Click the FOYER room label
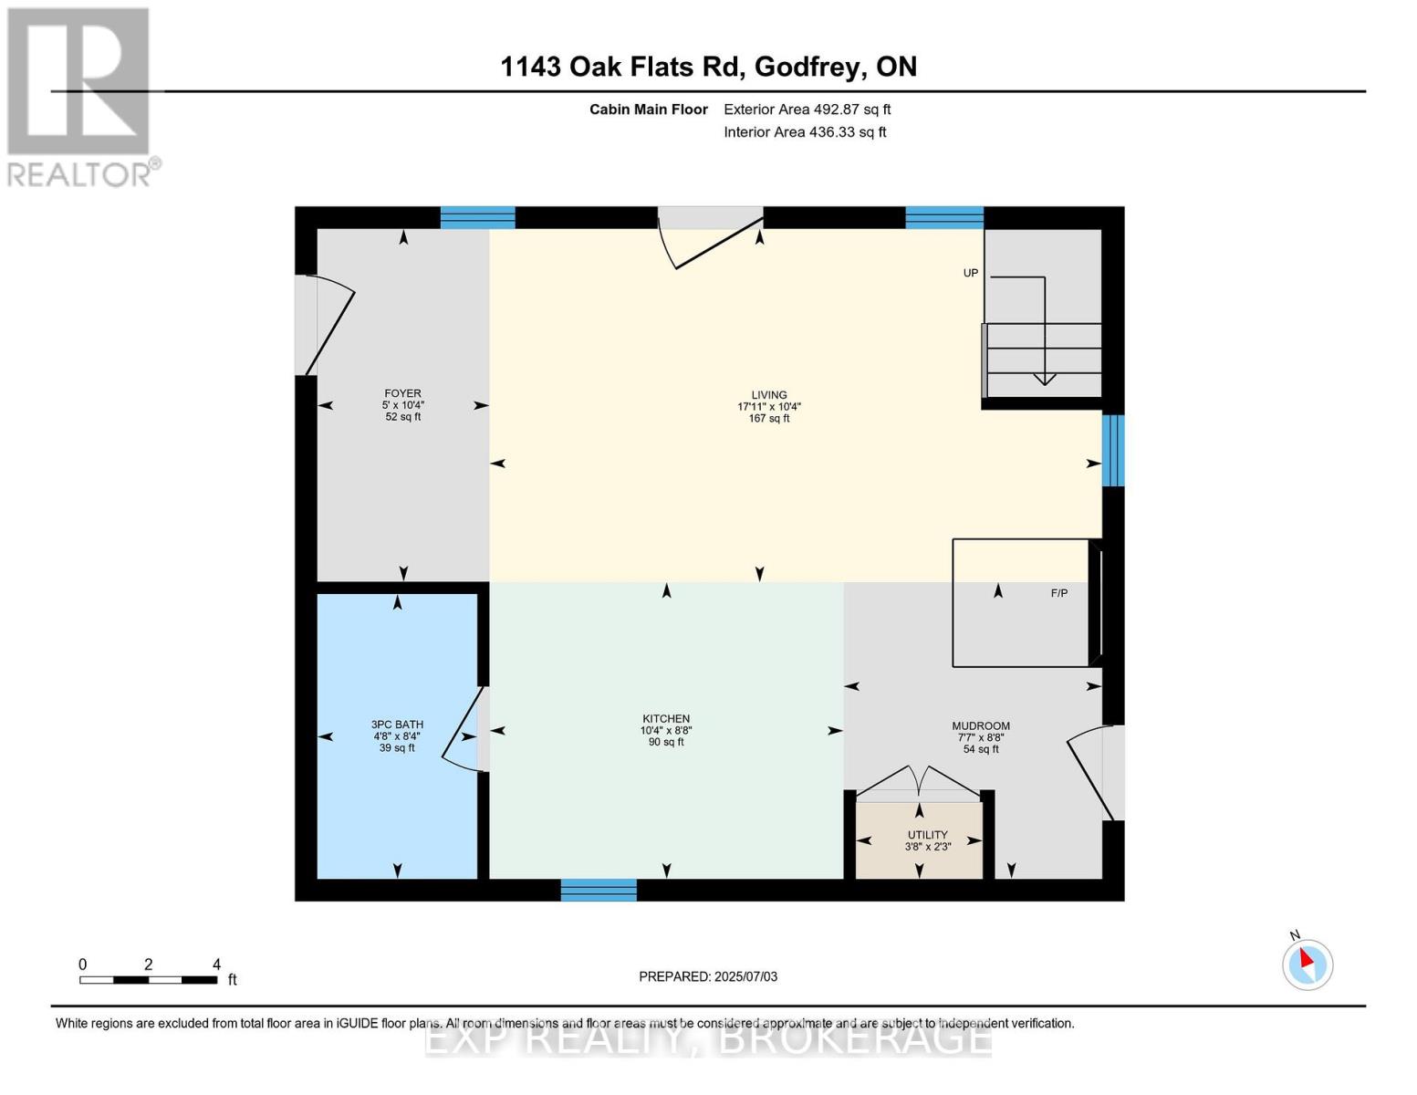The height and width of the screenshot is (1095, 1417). pyautogui.click(x=402, y=393)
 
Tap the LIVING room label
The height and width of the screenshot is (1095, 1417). pyautogui.click(x=768, y=395)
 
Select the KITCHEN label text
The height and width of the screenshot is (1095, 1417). pyautogui.click(x=666, y=719)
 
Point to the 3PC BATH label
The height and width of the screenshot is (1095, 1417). pyautogui.click(x=397, y=725)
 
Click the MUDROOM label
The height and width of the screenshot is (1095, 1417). pyautogui.click(x=981, y=726)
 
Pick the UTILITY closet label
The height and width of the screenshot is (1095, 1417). pyautogui.click(x=927, y=835)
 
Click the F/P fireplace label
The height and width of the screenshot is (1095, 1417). pyautogui.click(x=1058, y=593)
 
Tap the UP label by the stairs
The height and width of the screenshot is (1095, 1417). pyautogui.click(x=971, y=273)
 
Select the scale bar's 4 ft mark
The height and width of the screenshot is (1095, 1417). pyautogui.click(x=216, y=965)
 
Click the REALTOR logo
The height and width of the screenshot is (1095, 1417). pyautogui.click(x=80, y=96)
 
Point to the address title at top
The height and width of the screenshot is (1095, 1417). pyautogui.click(x=709, y=67)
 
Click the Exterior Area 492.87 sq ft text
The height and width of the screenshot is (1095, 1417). pyautogui.click(x=807, y=109)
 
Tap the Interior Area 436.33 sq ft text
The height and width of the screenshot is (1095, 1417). pyautogui.click(x=805, y=132)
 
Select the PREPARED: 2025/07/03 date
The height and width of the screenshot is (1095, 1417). pyautogui.click(x=708, y=976)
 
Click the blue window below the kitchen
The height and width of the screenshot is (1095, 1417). pyautogui.click(x=599, y=890)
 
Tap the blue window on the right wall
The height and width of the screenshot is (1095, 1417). pyautogui.click(x=1113, y=451)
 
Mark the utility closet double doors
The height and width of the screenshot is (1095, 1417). pyautogui.click(x=919, y=783)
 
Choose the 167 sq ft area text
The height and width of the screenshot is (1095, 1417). pyautogui.click(x=768, y=419)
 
